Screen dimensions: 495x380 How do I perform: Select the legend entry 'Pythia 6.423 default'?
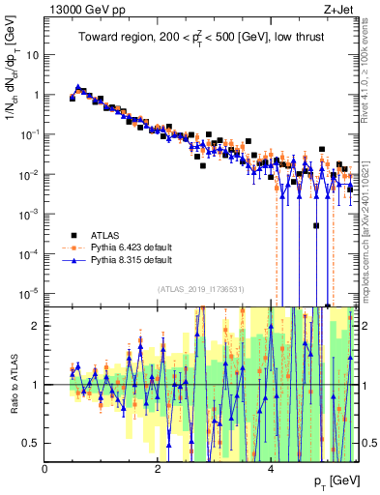[x=131, y=247]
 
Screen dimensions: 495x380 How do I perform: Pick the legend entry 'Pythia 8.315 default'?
[x=131, y=260]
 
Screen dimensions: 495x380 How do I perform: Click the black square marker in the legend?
[x=73, y=234]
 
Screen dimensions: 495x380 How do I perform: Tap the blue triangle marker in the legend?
[x=73, y=260]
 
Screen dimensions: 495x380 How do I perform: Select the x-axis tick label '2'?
[x=158, y=469]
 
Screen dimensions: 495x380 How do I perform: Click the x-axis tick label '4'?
[x=270, y=469]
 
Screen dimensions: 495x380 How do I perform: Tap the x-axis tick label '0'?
[x=45, y=469]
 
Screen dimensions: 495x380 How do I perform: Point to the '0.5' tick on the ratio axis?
[x=33, y=443]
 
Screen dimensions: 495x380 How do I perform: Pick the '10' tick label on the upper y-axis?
[x=33, y=54]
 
